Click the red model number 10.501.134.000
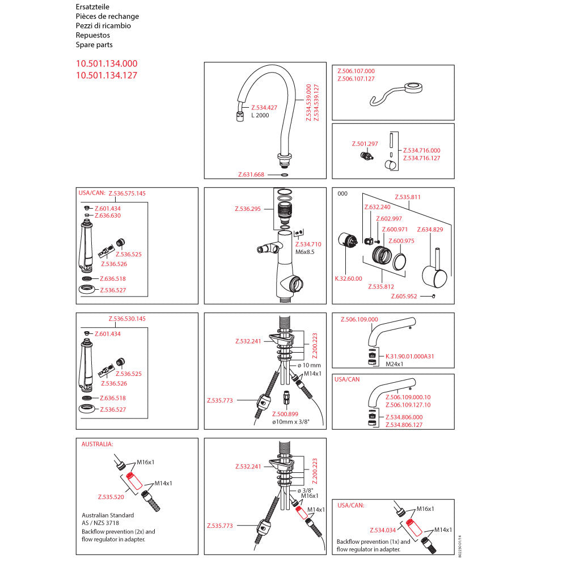click(x=107, y=64)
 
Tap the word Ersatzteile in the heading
click(x=92, y=7)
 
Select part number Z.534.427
click(x=264, y=108)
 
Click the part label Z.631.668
click(x=251, y=175)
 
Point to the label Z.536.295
click(x=247, y=209)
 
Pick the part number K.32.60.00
click(x=348, y=278)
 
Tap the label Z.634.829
click(x=430, y=230)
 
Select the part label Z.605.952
click(x=404, y=297)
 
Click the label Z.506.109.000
click(x=359, y=320)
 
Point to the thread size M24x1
click(x=394, y=364)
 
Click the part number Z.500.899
click(x=285, y=414)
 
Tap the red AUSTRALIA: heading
click(x=98, y=444)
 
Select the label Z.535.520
click(x=111, y=497)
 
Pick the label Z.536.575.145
click(x=127, y=193)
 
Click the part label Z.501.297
click(x=365, y=144)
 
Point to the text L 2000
click(x=260, y=116)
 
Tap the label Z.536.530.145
click(x=127, y=319)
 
